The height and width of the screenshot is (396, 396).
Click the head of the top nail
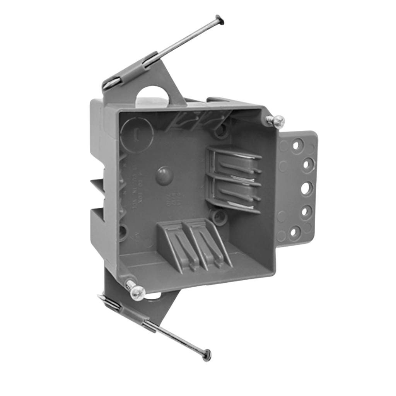pos(220,19)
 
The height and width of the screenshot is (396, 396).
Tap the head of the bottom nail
pos(207,354)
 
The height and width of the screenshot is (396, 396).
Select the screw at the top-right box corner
pos(276,121)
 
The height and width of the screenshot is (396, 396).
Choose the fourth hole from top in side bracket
pos(305,212)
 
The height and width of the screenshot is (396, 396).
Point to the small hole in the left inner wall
pos(123,232)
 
